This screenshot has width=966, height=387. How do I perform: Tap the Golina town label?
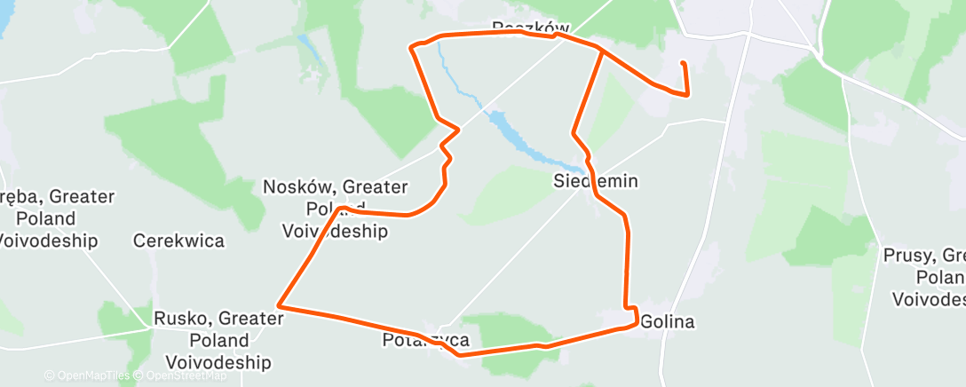[x=666, y=321]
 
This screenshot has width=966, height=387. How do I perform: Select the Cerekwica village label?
[x=178, y=241]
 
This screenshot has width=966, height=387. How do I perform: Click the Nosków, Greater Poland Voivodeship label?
[x=336, y=209]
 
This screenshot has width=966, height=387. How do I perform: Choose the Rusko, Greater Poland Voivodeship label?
[x=218, y=340]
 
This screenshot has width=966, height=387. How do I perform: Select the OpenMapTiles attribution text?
[x=87, y=375]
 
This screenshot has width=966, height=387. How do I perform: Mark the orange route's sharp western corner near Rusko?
[x=280, y=305]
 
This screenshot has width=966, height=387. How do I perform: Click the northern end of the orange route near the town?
[x=682, y=64]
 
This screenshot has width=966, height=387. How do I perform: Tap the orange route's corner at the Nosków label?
[x=341, y=209]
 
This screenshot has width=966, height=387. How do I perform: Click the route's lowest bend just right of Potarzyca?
[x=460, y=354]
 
